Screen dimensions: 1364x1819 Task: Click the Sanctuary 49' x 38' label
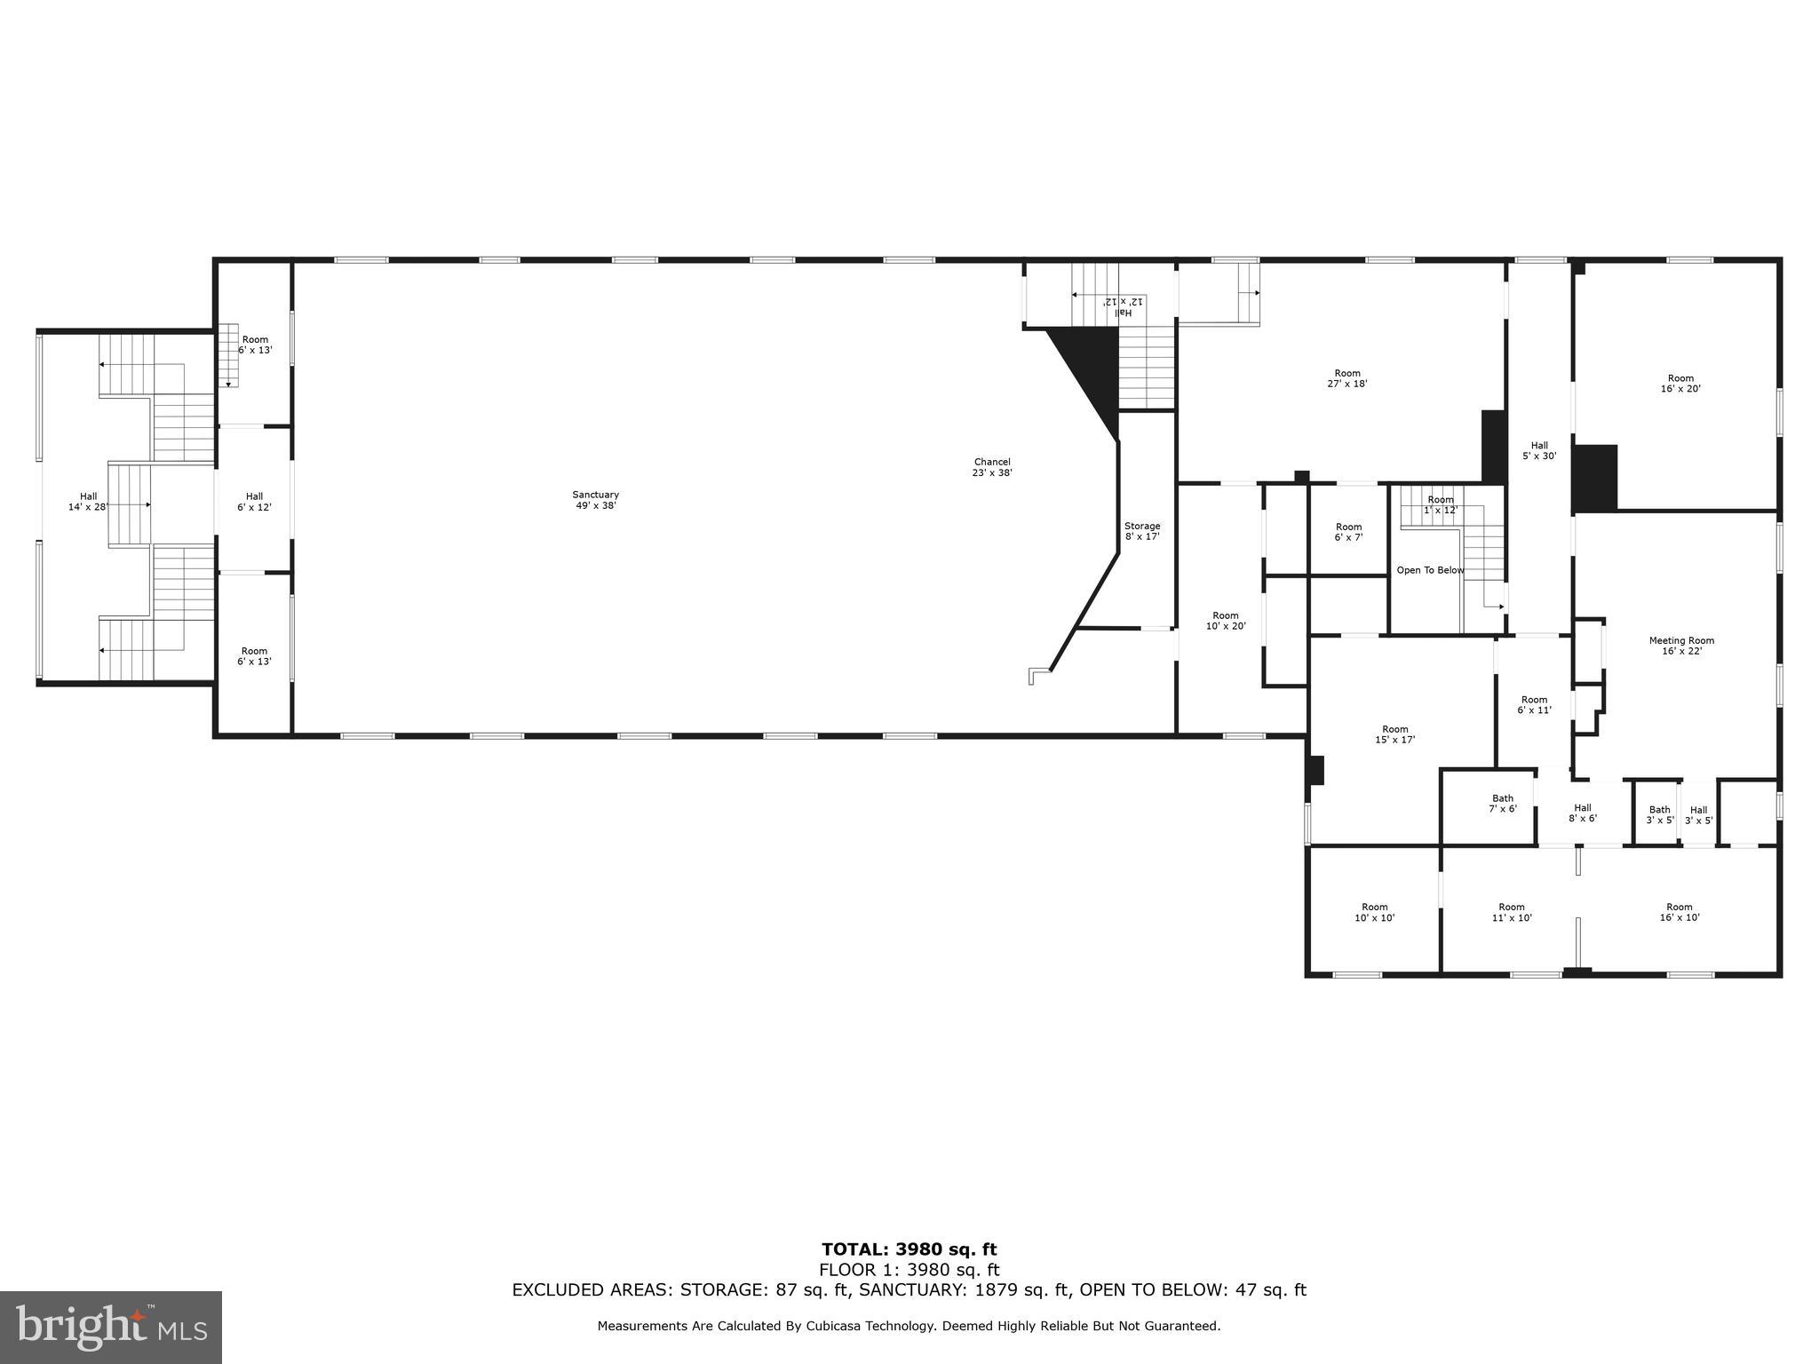click(x=595, y=500)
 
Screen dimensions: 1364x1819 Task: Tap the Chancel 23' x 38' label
click(x=992, y=467)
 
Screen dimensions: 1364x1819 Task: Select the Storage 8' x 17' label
click(x=1142, y=531)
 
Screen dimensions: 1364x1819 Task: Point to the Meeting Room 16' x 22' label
click(x=1681, y=646)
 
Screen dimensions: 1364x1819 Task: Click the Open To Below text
click(x=1430, y=570)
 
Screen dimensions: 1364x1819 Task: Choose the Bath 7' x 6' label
click(x=1503, y=804)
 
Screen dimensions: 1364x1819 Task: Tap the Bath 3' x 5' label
click(x=1659, y=814)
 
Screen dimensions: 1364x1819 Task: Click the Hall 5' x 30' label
click(x=1539, y=451)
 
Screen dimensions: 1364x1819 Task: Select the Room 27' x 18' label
click(x=1347, y=378)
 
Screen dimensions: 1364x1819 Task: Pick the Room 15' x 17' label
click(x=1394, y=734)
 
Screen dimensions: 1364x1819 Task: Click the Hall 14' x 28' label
click(x=88, y=502)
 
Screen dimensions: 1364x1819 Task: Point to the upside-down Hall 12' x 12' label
click(x=1123, y=306)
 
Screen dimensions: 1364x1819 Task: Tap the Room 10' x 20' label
click(x=1225, y=621)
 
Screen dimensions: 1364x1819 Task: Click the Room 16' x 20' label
click(x=1680, y=383)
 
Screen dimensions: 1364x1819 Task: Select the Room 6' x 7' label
click(x=1348, y=532)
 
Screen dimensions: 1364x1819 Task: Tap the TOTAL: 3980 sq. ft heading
click(x=909, y=1250)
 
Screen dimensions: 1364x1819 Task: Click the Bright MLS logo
click(x=111, y=1327)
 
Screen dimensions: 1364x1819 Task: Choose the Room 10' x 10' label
click(x=1374, y=912)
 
